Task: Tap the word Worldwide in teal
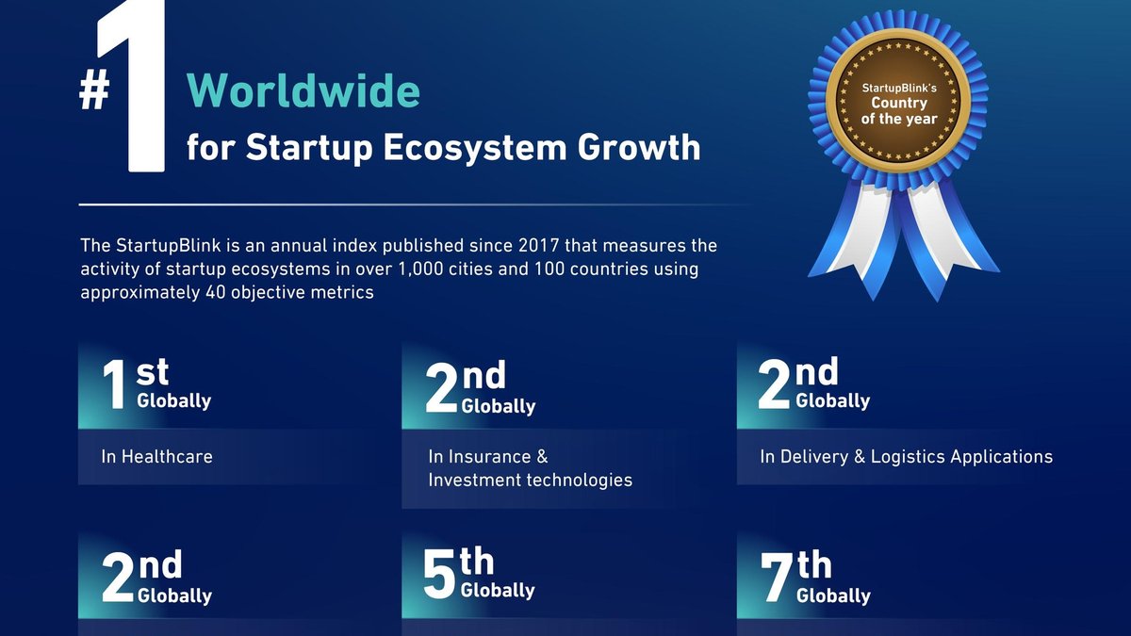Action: coord(303,90)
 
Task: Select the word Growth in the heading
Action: coord(639,147)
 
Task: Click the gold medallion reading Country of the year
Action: coord(899,102)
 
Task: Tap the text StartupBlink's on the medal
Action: coord(899,89)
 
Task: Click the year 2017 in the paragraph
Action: coord(538,245)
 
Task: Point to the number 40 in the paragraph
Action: coord(216,292)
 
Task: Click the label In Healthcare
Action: coord(156,457)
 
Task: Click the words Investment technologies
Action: coord(530,480)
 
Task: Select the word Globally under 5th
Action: coord(498,591)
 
